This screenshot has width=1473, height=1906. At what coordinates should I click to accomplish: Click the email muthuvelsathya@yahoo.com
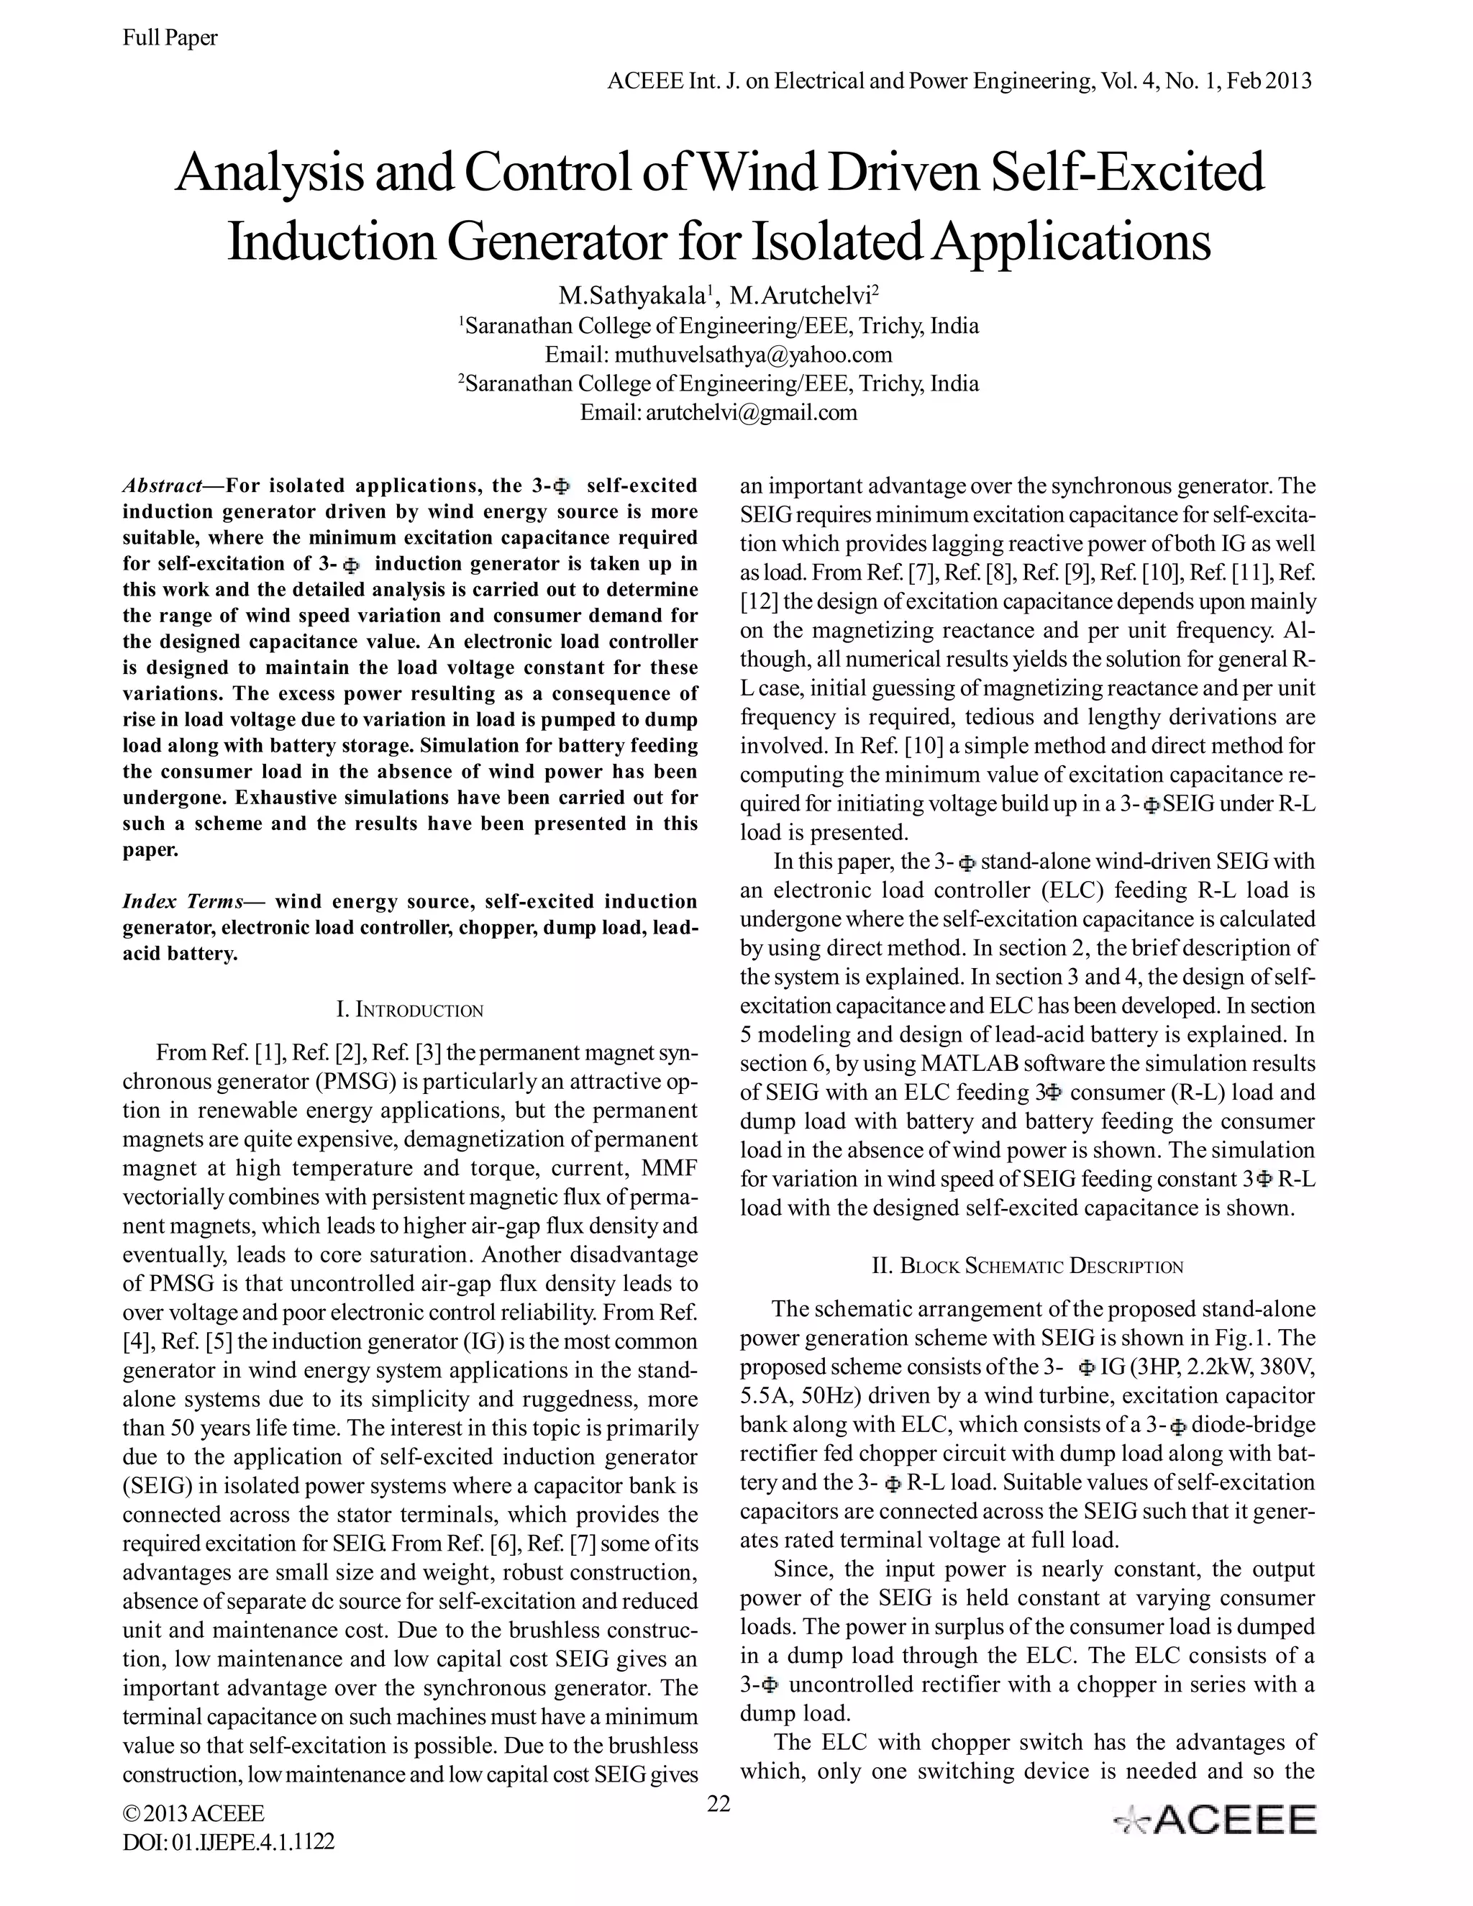coord(719,355)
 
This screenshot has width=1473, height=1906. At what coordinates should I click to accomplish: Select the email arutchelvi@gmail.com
coord(719,412)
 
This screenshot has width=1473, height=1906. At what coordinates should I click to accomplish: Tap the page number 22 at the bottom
coord(719,1803)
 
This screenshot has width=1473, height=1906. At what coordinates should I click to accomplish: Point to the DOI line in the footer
coord(229,1841)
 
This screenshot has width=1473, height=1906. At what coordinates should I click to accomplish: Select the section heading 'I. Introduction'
coord(409,1011)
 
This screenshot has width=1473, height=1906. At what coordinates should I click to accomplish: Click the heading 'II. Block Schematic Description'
coord(1027,1267)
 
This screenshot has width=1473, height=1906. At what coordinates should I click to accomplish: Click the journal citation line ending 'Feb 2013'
coord(959,81)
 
